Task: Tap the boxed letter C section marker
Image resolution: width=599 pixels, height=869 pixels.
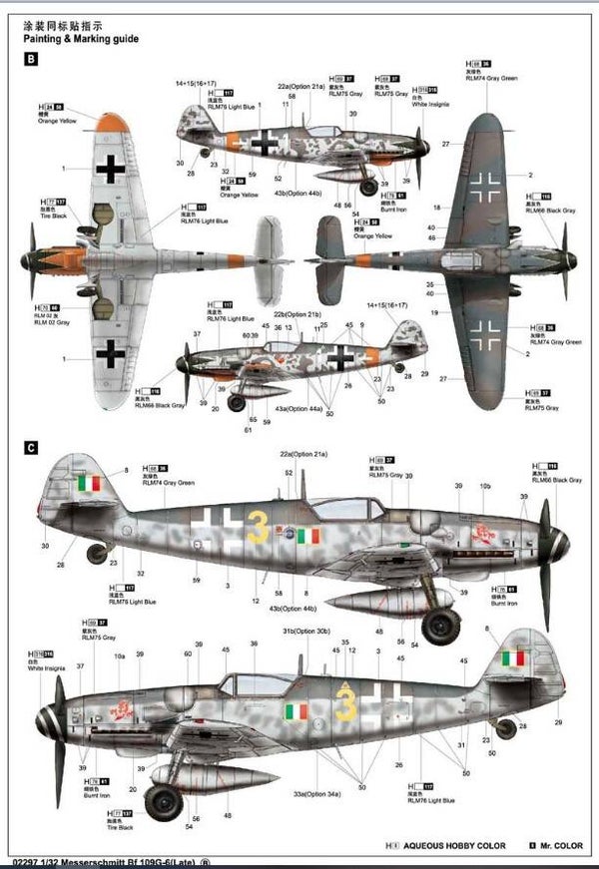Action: pos(30,448)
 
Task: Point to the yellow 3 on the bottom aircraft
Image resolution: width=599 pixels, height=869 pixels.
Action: pos(346,704)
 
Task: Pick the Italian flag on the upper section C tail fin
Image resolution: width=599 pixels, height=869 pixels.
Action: pos(89,483)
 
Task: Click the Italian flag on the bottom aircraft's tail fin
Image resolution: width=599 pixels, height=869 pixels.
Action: pos(513,659)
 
